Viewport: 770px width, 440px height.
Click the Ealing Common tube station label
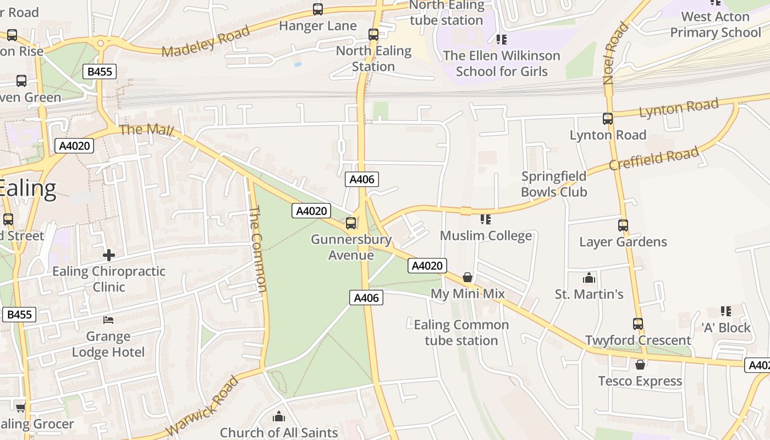(461, 332)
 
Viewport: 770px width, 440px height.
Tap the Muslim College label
(486, 236)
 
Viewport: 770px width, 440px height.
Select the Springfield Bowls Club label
(554, 184)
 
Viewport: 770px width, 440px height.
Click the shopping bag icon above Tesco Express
(640, 364)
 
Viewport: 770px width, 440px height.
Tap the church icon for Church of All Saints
(279, 416)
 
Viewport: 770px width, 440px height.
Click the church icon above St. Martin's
(589, 278)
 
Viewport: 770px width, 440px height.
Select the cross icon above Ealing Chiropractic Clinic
(109, 255)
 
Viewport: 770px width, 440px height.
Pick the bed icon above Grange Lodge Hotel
(108, 320)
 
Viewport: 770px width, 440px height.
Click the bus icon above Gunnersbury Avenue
(351, 223)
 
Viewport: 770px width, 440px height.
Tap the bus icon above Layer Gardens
(623, 225)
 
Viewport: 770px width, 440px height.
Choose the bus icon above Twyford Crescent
(638, 324)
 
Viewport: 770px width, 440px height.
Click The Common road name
(258, 249)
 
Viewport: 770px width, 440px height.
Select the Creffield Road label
(653, 158)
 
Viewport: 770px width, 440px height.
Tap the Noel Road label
(615, 53)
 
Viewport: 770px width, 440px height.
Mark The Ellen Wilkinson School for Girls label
(501, 63)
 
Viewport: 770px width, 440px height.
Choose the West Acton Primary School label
(715, 24)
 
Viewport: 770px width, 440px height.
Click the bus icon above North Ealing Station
(373, 35)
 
